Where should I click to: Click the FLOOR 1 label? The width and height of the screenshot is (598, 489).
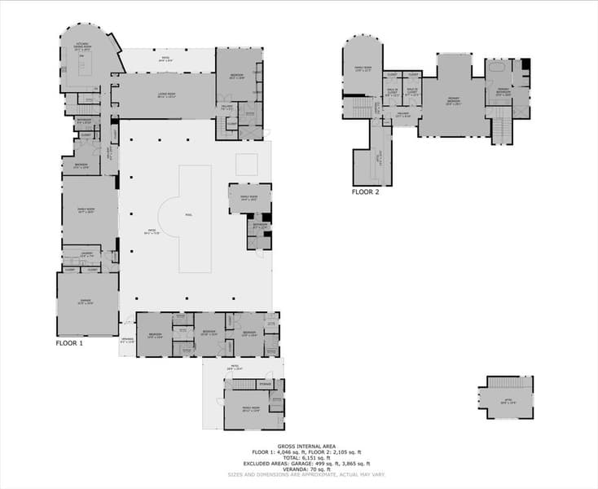[69, 343]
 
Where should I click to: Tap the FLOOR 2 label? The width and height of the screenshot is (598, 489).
[365, 192]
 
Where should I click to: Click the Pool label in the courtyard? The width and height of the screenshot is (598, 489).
[189, 215]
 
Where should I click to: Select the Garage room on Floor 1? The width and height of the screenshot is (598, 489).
[86, 303]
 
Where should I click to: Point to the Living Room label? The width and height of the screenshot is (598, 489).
[166, 95]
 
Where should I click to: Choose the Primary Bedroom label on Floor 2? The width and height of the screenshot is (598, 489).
[454, 102]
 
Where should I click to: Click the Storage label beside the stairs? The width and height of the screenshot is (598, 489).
[266, 384]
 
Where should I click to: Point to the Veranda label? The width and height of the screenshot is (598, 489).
[127, 341]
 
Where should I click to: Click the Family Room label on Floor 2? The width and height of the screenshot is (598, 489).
[362, 68]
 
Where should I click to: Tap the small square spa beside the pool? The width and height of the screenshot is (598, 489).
[247, 164]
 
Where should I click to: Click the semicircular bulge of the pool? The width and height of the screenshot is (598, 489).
[169, 215]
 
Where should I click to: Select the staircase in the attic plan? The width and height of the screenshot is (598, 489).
[509, 383]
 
